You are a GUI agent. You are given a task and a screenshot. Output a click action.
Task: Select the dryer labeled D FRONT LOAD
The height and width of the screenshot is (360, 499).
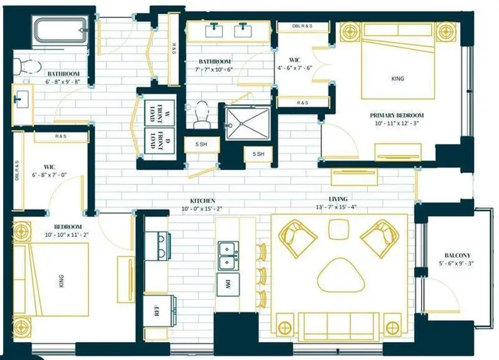coord(159,144)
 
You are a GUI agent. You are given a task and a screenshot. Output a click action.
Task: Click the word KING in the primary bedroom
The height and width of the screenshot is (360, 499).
coord(398,79)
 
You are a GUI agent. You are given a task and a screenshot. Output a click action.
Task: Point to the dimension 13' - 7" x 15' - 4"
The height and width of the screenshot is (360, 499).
coord(338,206)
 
